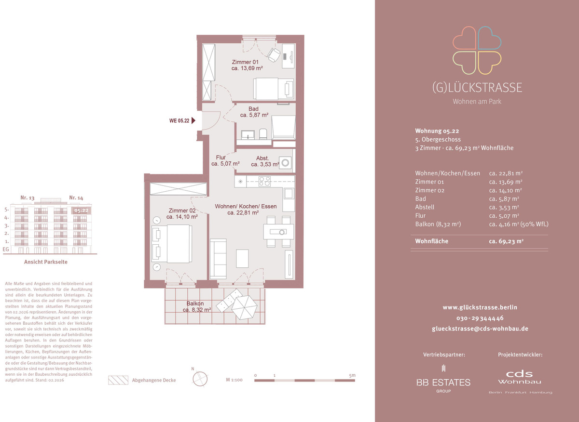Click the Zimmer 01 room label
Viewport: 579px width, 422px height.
coord(245,62)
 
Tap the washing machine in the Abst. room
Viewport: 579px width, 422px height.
coord(285,163)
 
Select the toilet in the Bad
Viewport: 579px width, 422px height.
coord(263,134)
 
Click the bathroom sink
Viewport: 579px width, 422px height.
coord(248,134)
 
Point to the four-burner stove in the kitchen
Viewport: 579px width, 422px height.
coord(264,181)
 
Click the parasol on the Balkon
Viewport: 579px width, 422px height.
coord(244,307)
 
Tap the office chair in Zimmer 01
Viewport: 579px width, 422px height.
coord(274,55)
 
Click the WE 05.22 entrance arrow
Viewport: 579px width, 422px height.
coord(193,120)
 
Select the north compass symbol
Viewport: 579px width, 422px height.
coord(200,379)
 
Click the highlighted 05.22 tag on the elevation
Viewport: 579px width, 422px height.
coord(81,211)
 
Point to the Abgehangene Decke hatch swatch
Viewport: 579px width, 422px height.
coord(118,380)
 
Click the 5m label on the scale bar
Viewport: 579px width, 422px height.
coord(352,375)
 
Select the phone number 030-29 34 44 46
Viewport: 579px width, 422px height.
coord(480,318)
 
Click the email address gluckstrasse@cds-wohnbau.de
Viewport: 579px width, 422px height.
coord(480,329)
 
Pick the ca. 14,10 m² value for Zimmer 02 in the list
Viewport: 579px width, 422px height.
coord(505,190)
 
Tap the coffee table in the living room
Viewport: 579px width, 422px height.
coord(242,258)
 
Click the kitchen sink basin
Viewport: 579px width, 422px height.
coord(288,193)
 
